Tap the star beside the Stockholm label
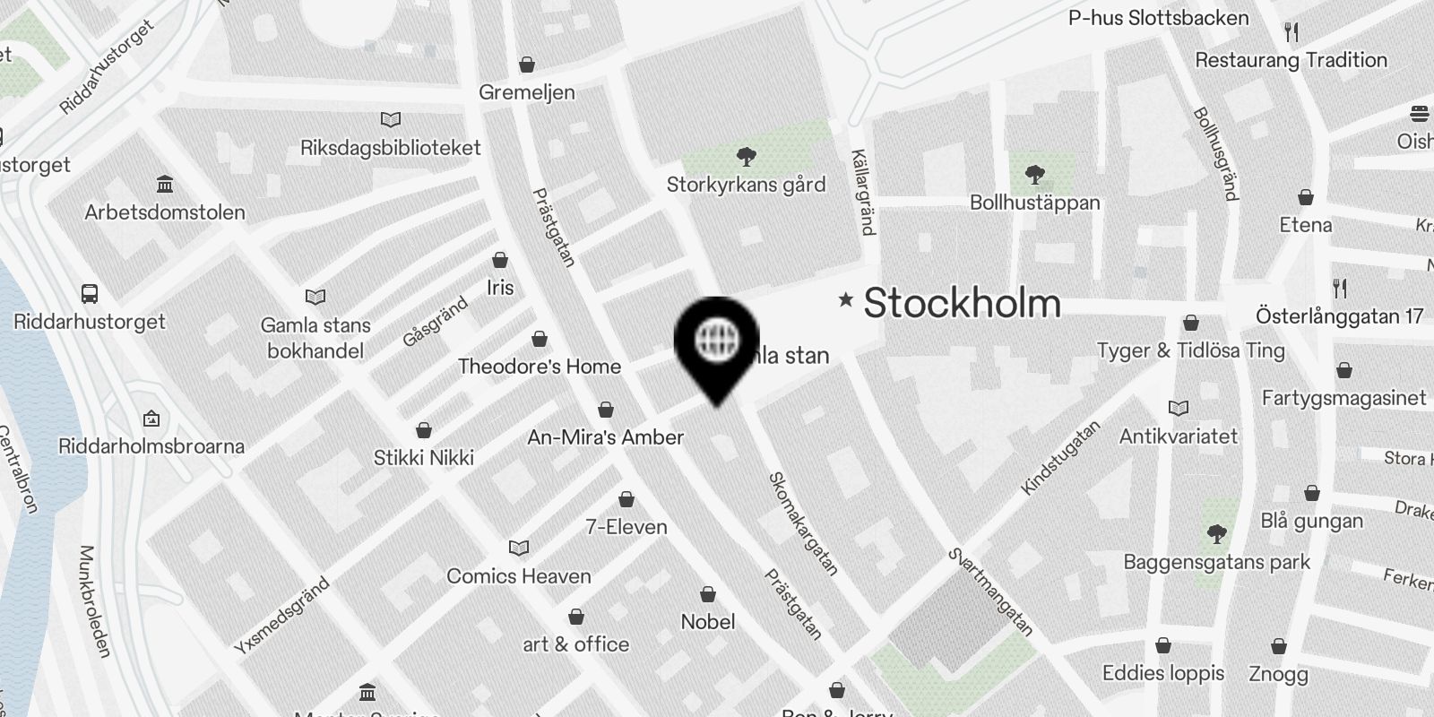point(845,300)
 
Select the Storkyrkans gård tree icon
point(745,158)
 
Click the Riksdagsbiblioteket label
point(390,148)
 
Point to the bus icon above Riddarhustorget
point(90,293)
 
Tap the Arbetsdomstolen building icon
point(165,185)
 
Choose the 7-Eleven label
point(626,527)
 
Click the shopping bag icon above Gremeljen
point(527,65)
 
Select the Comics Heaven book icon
point(519,548)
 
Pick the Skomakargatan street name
point(803,523)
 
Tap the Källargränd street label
point(862,192)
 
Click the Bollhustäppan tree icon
point(1035,174)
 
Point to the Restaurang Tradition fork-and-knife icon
point(1291,32)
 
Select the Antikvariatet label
point(1178,436)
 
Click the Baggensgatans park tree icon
point(1216,535)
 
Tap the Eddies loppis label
point(1162,673)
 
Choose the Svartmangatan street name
point(990,592)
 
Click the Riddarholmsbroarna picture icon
point(151,419)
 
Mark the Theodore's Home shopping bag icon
point(540,339)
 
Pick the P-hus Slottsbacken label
point(1158,18)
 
